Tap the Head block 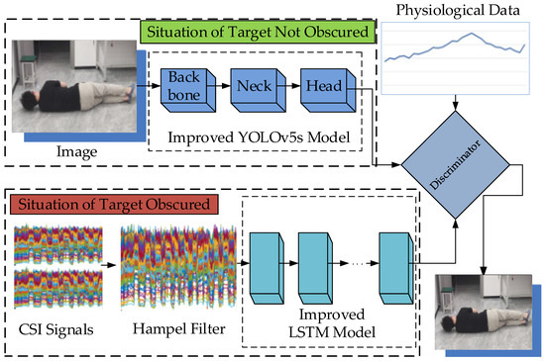tap(319, 87)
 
